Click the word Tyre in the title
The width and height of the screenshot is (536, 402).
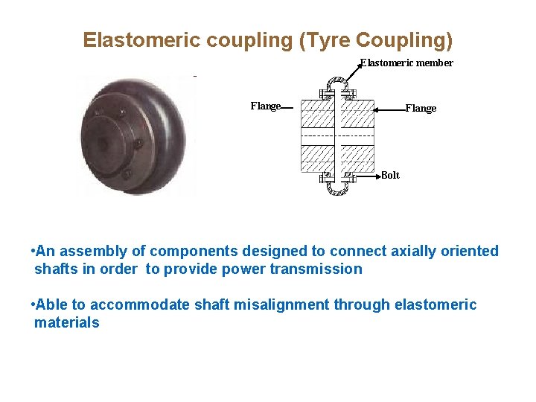click(325, 39)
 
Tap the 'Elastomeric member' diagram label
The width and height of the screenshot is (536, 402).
click(406, 63)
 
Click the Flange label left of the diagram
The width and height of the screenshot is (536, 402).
click(265, 106)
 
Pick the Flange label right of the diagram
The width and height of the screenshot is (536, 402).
click(421, 109)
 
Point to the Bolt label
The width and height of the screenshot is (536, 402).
click(390, 176)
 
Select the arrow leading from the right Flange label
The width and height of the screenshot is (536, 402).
click(388, 109)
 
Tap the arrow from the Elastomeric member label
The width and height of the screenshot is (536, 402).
click(350, 74)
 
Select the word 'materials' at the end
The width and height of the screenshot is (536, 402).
click(67, 323)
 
